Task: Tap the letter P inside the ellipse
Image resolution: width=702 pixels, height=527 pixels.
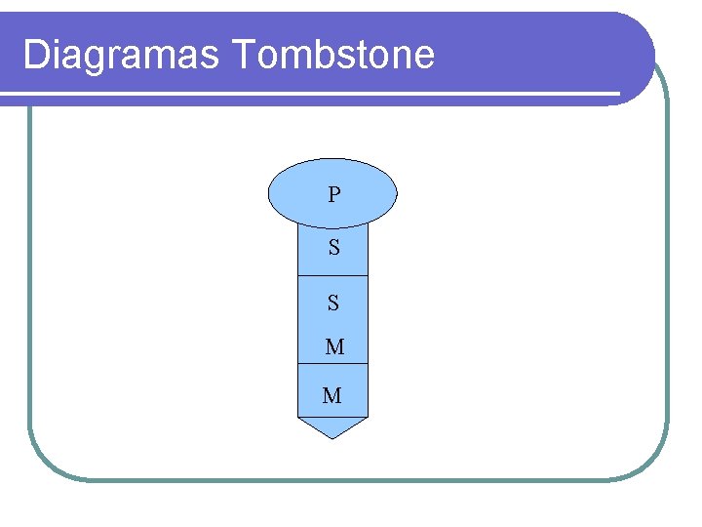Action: (x=334, y=195)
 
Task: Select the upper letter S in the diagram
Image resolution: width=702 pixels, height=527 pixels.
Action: (x=334, y=248)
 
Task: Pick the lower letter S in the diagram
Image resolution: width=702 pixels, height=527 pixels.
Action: (x=333, y=304)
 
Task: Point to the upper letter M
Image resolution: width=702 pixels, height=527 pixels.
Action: (x=334, y=346)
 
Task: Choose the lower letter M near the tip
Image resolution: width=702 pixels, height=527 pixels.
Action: (x=332, y=395)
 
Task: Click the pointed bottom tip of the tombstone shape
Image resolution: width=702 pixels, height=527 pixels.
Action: (x=332, y=437)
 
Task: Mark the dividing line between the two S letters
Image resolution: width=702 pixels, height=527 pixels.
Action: (x=332, y=276)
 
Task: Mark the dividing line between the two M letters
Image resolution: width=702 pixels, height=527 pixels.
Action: (x=332, y=364)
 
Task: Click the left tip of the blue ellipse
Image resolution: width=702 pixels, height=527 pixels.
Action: (x=269, y=193)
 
